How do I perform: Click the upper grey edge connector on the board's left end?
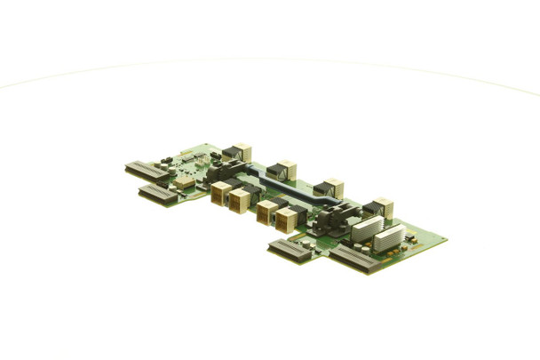click(x=146, y=170)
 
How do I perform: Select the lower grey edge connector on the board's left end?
click(x=157, y=194)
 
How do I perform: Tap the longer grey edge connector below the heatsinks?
click(x=353, y=259)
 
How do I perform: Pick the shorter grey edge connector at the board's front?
click(x=290, y=251)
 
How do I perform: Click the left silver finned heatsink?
click(x=367, y=228)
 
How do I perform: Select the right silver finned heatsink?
click(x=389, y=237)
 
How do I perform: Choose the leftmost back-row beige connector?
click(x=239, y=152)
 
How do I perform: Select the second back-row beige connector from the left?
click(x=284, y=170)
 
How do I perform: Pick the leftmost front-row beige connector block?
click(x=220, y=193)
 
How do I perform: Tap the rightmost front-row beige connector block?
click(x=285, y=220)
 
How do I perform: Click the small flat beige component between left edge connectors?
click(x=184, y=182)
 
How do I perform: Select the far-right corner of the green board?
click(x=446, y=240)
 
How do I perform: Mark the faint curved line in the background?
click(x=266, y=60)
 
